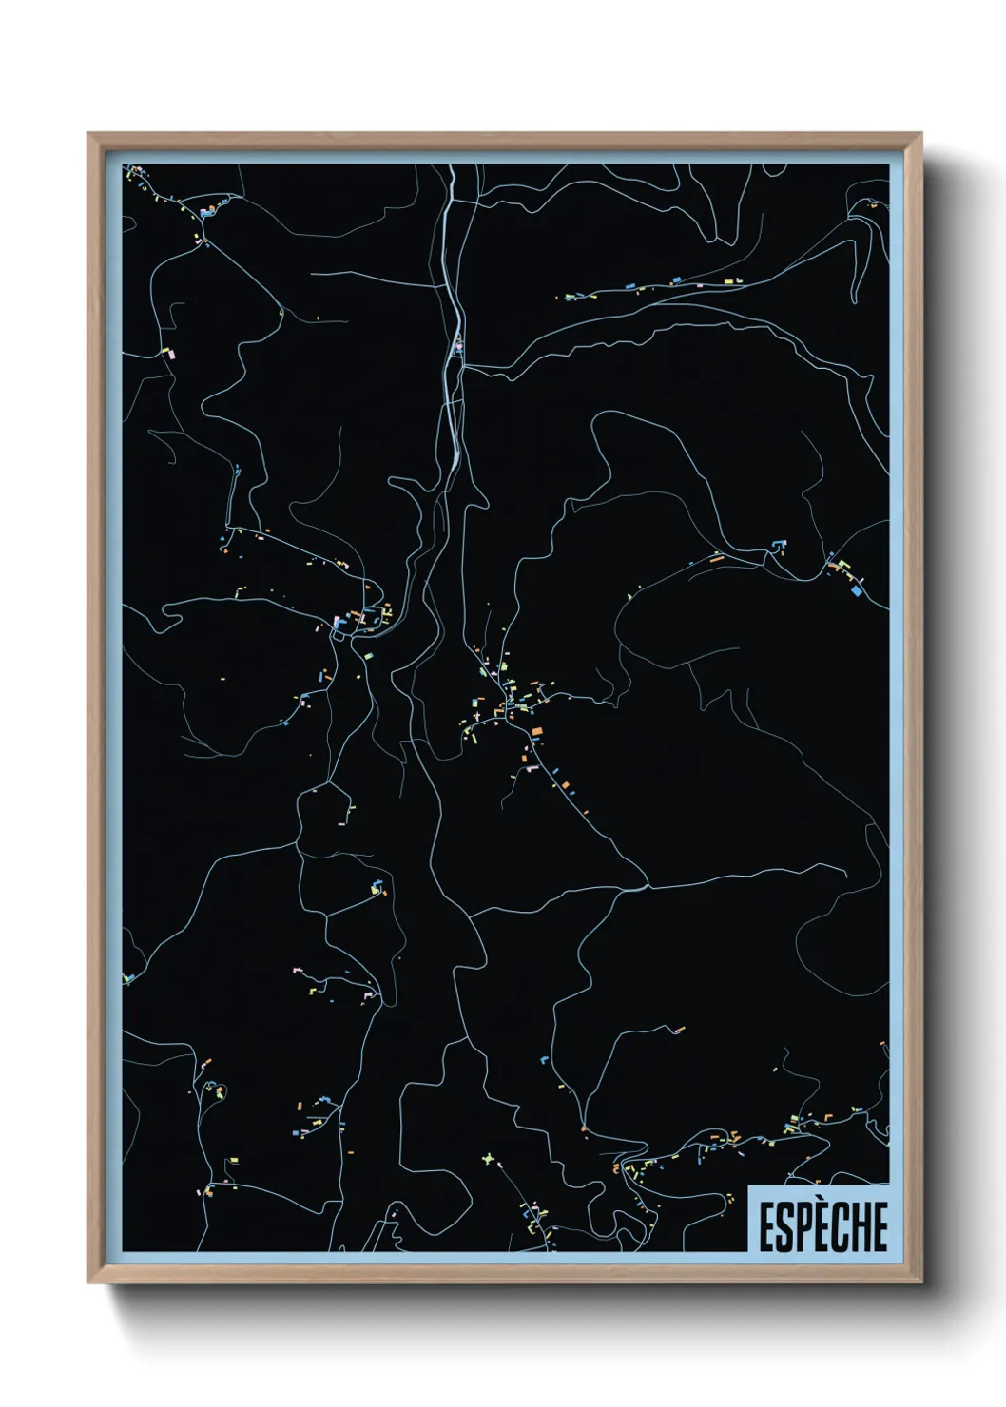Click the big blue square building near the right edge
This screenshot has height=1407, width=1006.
pyautogui.click(x=856, y=590)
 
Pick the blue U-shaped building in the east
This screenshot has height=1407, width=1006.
pyautogui.click(x=780, y=545)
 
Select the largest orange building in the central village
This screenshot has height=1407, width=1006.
pyautogui.click(x=536, y=730)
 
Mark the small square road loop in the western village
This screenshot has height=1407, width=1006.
pyautogui.click(x=339, y=628)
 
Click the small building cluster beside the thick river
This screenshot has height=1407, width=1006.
pyautogui.click(x=458, y=346)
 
